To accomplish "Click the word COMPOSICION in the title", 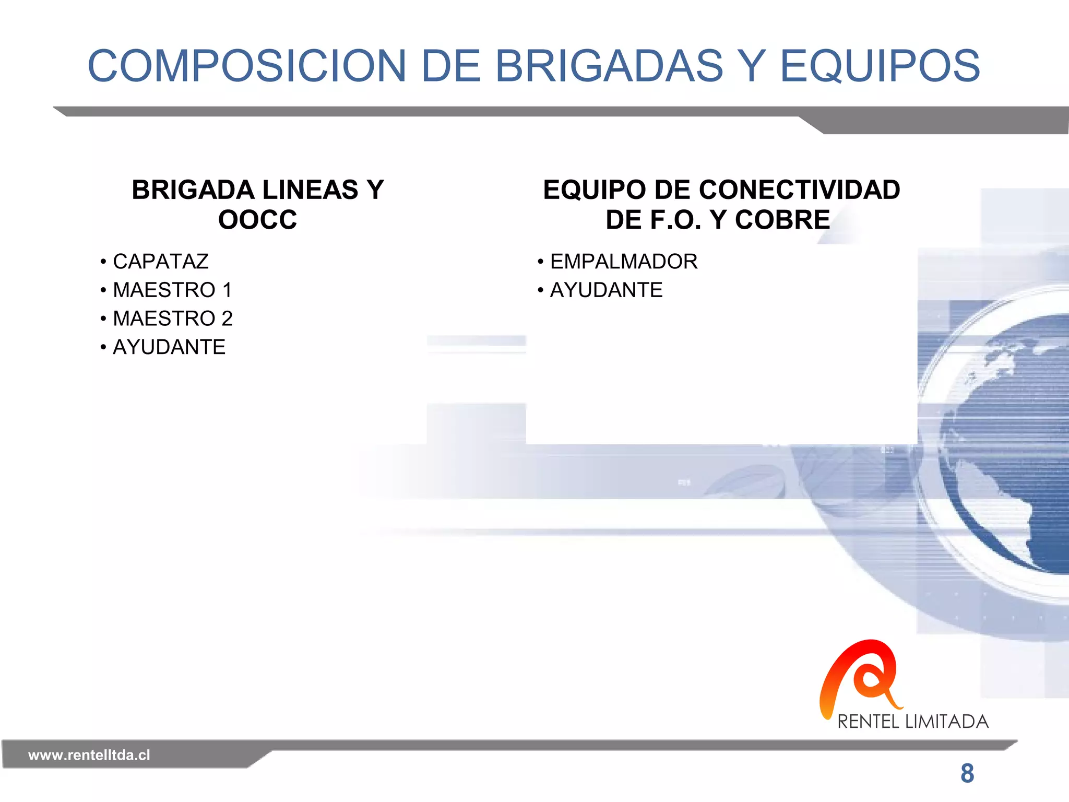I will point(246,66).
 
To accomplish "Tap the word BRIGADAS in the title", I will point(609,66).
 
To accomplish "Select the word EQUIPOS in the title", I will point(880,66).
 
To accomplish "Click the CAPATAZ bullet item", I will point(161,262).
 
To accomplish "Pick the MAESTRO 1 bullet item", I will point(172,290).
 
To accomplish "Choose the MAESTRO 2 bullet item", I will point(173,319).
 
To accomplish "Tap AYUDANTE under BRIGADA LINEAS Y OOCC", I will point(169,347).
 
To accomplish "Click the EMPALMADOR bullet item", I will point(624,262).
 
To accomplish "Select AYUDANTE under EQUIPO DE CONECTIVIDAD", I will point(607,290).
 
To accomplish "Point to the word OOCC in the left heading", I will point(258,220).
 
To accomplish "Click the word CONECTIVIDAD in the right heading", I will point(807,190).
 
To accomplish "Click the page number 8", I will point(967,773).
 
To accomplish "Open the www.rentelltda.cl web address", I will point(89,755).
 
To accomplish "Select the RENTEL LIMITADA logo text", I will point(913,722).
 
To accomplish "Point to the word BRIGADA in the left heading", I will point(189,190).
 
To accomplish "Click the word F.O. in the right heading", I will point(676,220).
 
